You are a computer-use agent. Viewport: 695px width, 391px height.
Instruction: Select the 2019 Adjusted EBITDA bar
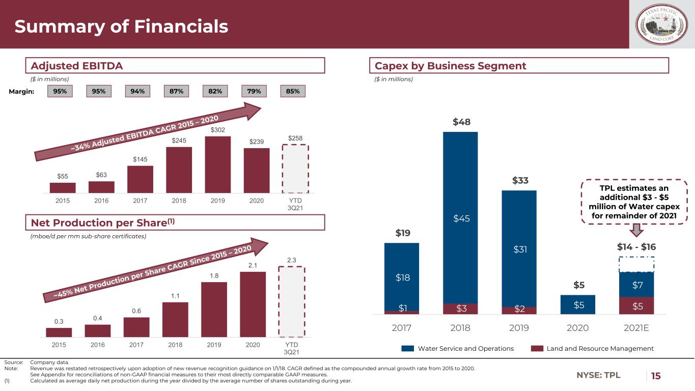click(218, 164)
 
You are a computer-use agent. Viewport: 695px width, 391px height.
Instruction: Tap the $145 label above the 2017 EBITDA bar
click(140, 160)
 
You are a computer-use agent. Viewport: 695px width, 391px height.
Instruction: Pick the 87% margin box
click(176, 91)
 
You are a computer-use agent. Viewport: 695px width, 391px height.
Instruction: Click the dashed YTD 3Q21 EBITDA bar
click(295, 169)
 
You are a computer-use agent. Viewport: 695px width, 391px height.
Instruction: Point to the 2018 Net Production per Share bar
click(175, 319)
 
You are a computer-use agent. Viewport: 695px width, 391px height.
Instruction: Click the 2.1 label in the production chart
click(253, 265)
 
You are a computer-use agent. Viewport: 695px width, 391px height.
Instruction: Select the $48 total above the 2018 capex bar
click(461, 122)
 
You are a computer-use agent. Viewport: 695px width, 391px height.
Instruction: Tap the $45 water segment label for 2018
click(461, 218)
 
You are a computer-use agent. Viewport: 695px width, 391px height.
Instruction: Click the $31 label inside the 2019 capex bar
click(519, 249)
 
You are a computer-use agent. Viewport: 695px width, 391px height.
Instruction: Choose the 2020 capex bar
click(577, 304)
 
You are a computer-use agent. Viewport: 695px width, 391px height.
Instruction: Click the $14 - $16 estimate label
click(636, 247)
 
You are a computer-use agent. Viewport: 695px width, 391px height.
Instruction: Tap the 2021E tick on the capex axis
click(636, 328)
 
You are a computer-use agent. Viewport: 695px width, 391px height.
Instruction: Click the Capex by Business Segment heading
click(450, 66)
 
